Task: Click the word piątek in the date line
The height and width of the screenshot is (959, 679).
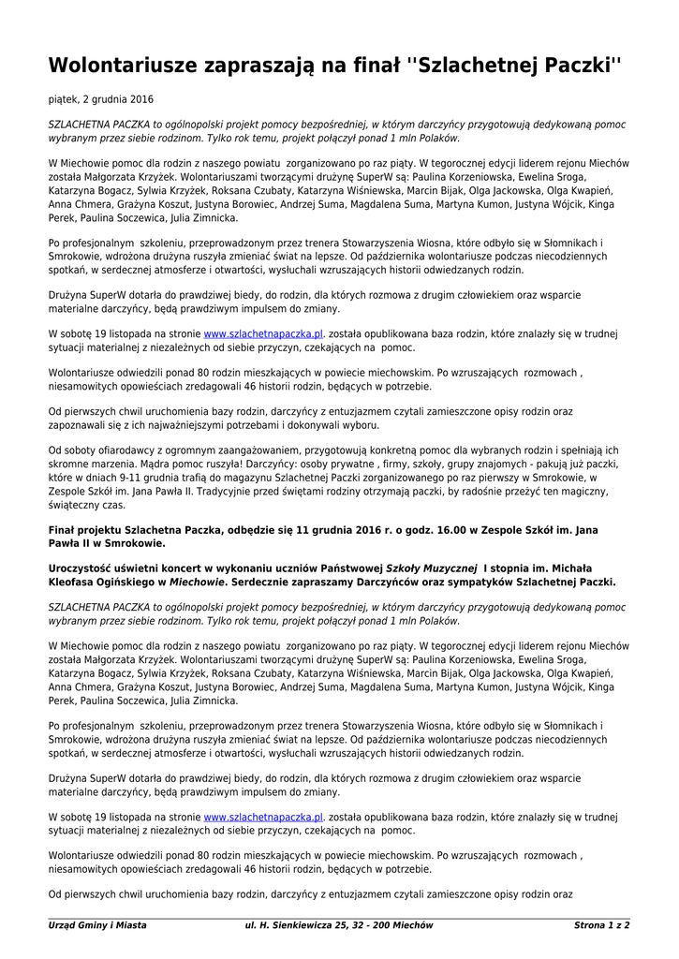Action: coord(64,98)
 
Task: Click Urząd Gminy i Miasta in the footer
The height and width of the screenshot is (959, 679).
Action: coord(97,925)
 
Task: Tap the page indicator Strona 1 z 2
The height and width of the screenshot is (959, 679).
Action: coord(601,925)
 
